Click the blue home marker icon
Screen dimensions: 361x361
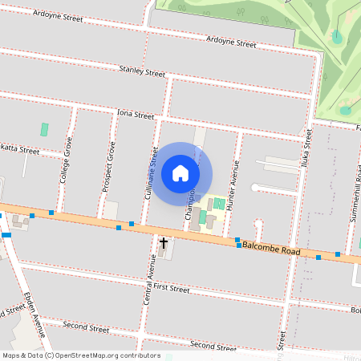(x=180, y=172)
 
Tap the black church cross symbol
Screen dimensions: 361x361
(x=164, y=241)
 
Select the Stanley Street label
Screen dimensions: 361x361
(x=142, y=71)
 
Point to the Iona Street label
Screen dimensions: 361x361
(x=135, y=116)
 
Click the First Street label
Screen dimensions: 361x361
(x=170, y=287)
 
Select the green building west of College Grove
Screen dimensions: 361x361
(x=44, y=128)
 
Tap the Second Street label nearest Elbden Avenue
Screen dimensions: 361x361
(x=86, y=327)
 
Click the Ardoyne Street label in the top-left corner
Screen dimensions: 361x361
(x=59, y=14)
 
